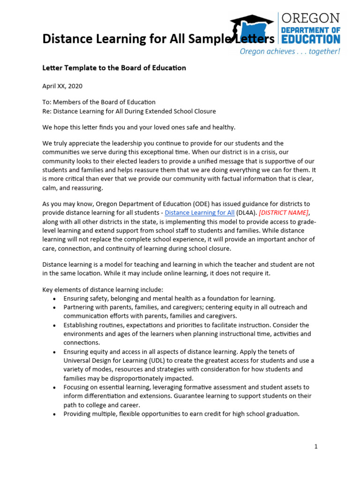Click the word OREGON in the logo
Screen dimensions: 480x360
pyautogui.click(x=310, y=18)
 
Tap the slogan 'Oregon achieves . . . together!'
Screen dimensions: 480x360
pyautogui.click(x=290, y=52)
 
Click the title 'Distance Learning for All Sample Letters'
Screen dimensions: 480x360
pyautogui.click(x=158, y=38)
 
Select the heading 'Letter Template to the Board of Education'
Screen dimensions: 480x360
pyautogui.click(x=114, y=68)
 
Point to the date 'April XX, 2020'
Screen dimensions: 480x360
pyautogui.click(x=62, y=86)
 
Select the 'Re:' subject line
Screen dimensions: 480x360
pyautogui.click(x=129, y=111)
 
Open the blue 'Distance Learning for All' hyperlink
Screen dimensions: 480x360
pyautogui.click(x=200, y=213)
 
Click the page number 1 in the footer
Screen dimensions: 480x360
pyautogui.click(x=316, y=447)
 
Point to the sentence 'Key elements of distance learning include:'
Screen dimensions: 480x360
pyautogui.click(x=103, y=290)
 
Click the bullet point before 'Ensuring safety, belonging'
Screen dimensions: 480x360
pyautogui.click(x=55, y=299)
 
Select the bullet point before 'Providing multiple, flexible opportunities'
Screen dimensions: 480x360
pyautogui.click(x=55, y=414)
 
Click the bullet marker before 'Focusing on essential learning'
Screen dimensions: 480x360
pyautogui.click(x=55, y=388)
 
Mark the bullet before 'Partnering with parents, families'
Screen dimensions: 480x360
pyautogui.click(x=55, y=307)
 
